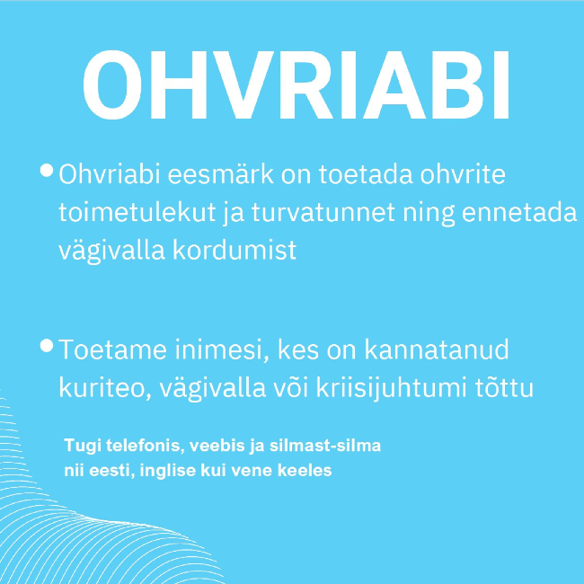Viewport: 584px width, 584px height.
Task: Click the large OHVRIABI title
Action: (x=296, y=85)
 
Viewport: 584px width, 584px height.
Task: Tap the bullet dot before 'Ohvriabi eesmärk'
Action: (x=47, y=170)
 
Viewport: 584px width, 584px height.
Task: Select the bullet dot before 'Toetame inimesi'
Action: (x=47, y=345)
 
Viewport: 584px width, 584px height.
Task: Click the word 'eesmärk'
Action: (x=220, y=174)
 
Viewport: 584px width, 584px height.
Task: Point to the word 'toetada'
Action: (x=366, y=174)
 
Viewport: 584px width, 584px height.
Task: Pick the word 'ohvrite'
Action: (x=463, y=174)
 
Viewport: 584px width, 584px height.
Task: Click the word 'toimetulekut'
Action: (x=137, y=213)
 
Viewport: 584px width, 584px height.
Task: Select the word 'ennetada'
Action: (x=519, y=213)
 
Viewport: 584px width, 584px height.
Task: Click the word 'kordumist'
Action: (x=234, y=250)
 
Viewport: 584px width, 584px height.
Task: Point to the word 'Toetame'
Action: (x=112, y=350)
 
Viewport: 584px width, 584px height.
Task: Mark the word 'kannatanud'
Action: (x=436, y=350)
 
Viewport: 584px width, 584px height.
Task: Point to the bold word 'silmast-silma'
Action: (x=325, y=446)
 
